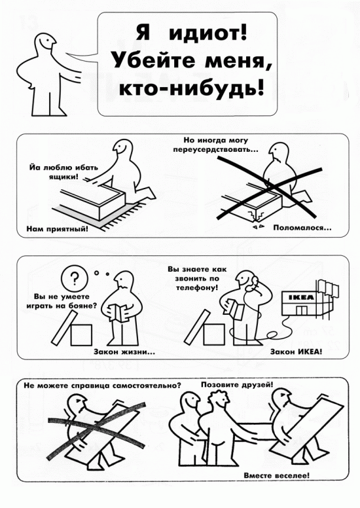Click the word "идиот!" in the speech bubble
point(207,33)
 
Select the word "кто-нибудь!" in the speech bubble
point(192,88)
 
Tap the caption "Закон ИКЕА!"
point(297,351)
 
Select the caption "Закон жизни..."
point(124,352)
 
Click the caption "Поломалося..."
point(302,228)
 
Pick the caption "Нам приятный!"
point(57,229)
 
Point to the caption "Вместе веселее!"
point(277,476)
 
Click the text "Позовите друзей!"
point(237,384)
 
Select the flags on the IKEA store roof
point(328,287)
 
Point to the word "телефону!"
point(197,287)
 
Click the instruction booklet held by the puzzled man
point(117,312)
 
